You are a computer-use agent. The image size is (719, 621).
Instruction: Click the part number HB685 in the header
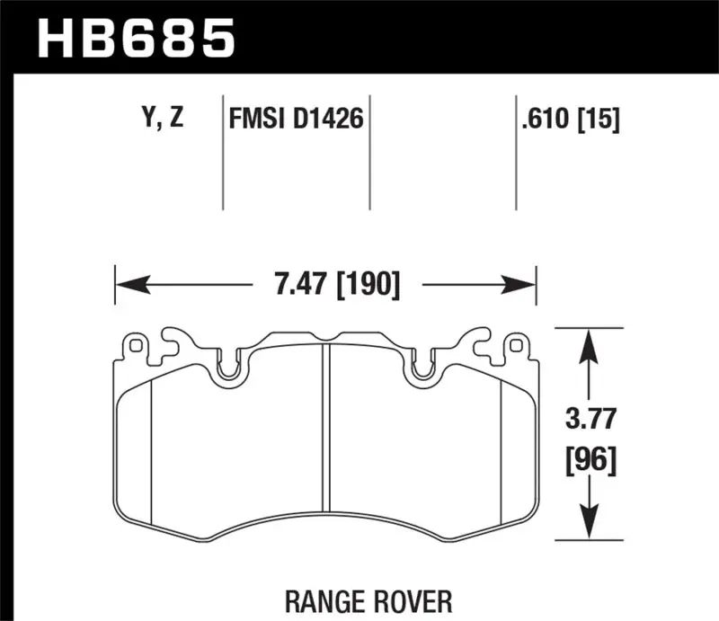click(134, 38)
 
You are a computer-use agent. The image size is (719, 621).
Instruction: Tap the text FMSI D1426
click(297, 119)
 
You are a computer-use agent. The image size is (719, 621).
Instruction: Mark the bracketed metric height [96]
click(589, 461)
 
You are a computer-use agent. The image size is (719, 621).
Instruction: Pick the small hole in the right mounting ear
click(515, 344)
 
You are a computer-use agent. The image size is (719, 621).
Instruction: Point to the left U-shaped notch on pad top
click(229, 368)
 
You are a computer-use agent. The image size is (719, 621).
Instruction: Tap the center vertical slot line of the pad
click(325, 440)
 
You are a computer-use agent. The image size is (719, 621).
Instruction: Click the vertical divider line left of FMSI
click(222, 153)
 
